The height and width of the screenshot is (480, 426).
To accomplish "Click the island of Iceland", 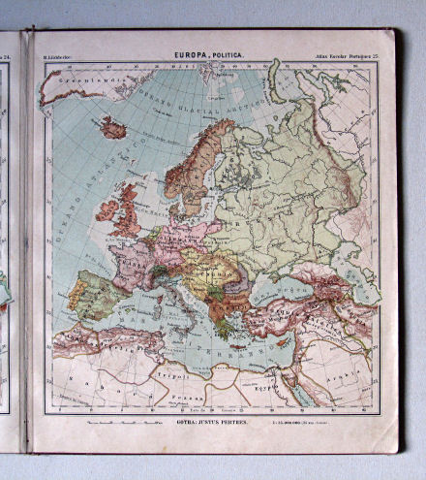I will pos(113,128).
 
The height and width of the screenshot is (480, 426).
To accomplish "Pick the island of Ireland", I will pos(103,210).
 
